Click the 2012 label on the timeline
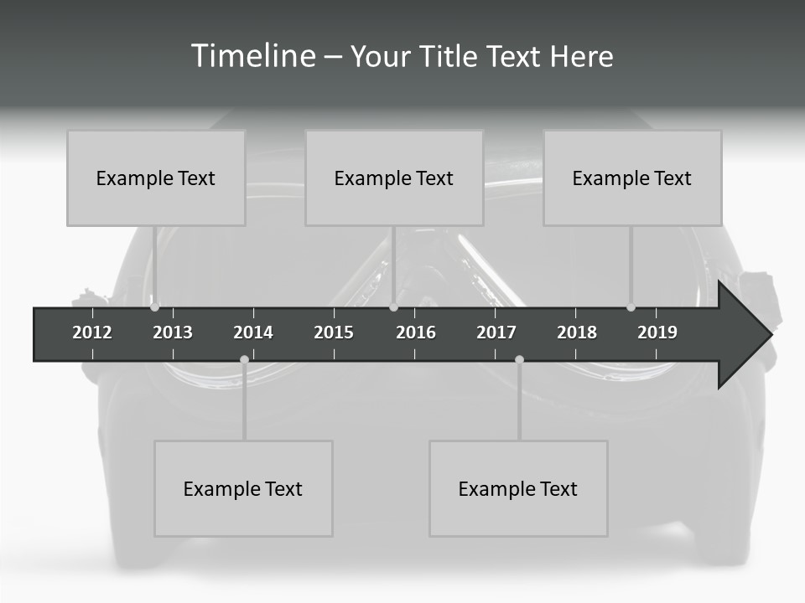point(92,332)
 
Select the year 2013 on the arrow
point(173,332)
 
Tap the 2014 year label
point(253,332)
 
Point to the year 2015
point(334,332)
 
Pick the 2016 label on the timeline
point(416,332)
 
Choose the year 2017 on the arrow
point(496,332)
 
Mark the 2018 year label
point(577,332)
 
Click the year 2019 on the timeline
point(657,332)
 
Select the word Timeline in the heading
point(252,56)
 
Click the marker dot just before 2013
point(154,307)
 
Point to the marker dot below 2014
point(244,360)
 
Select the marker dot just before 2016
point(393,307)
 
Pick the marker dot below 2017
point(519,360)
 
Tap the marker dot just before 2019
point(631,307)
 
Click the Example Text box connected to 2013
point(156,178)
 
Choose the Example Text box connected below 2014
point(243,488)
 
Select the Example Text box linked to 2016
point(394,178)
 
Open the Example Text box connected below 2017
point(518,488)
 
